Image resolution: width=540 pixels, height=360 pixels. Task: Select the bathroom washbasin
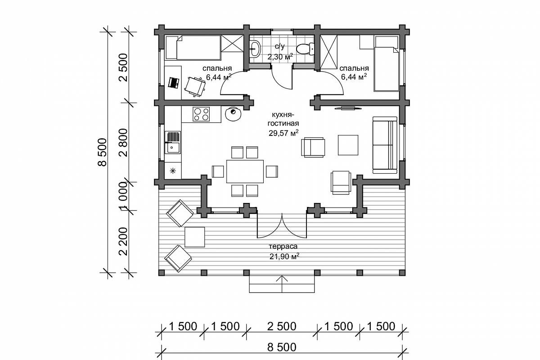tap(255, 49)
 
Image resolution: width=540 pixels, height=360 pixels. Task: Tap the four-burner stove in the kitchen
tap(201, 114)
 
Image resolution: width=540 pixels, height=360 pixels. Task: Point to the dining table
tap(245, 171)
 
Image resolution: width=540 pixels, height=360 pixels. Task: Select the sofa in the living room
tap(385, 145)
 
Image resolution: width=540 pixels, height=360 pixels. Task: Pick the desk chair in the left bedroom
tap(195, 86)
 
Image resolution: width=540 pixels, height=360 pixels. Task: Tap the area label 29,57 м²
tap(283, 133)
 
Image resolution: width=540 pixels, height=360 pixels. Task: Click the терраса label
tap(283, 247)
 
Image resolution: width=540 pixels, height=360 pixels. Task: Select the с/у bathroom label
tap(279, 46)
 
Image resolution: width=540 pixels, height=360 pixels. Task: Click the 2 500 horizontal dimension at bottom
tap(282, 327)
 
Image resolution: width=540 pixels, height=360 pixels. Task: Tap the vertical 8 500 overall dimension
tap(103, 152)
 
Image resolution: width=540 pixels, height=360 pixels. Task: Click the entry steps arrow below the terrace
tap(282, 284)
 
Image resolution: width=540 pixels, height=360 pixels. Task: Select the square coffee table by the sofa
tap(348, 145)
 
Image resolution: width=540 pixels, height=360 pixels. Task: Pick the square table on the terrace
tap(194, 237)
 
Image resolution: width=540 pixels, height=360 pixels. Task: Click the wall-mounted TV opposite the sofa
tap(348, 108)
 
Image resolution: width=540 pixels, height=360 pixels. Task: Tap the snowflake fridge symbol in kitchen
tap(173, 171)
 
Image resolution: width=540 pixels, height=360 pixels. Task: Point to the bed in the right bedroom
tap(386, 64)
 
